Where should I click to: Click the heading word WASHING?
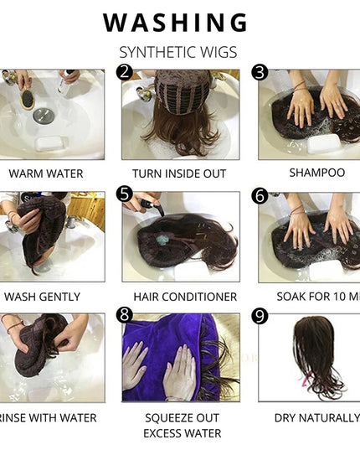point(175,23)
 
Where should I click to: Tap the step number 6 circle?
point(260,195)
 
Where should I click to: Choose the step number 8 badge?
point(125,315)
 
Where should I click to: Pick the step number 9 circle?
point(260,317)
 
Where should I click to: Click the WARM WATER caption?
point(45,173)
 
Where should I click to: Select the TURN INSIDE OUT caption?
point(181,173)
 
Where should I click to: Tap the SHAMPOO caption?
point(316,173)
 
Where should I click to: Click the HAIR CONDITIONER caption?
point(184,297)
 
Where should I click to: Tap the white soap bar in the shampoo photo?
point(323,143)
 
